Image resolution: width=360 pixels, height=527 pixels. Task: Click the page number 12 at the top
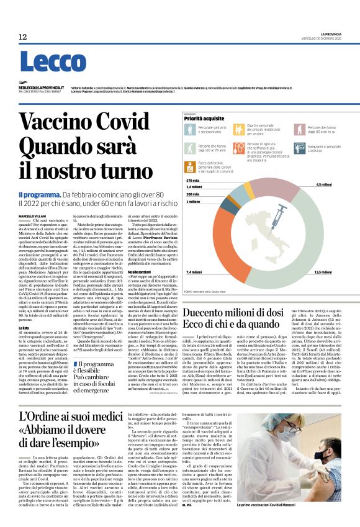pos(23,37)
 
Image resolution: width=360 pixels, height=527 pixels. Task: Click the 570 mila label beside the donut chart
pos(193,180)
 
